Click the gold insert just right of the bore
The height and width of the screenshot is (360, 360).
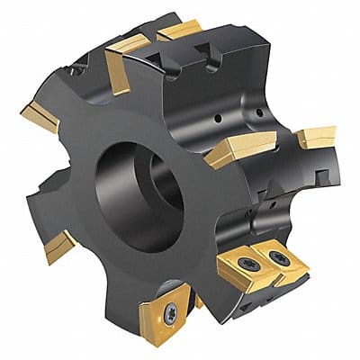coord(234,151)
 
